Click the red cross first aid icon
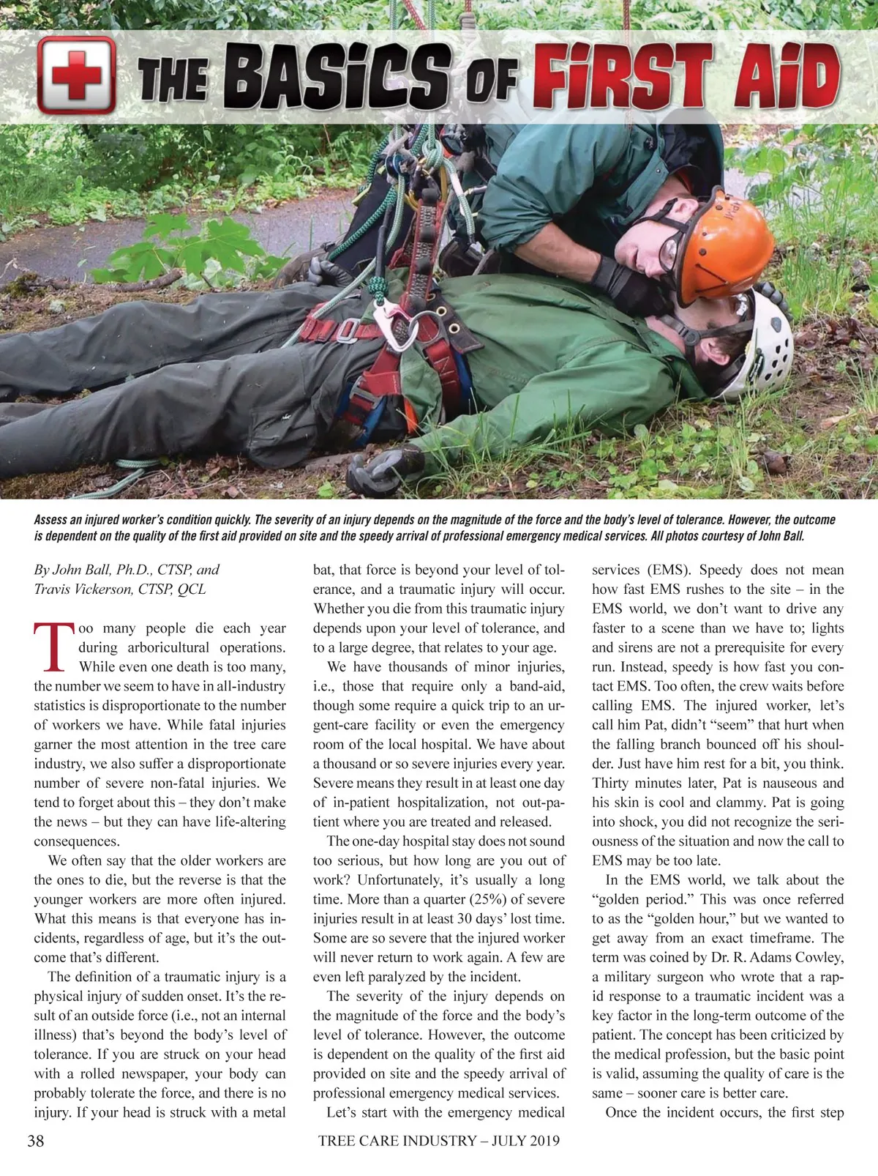(x=76, y=75)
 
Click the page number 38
(x=35, y=1140)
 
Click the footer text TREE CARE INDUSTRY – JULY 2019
(x=439, y=1140)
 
